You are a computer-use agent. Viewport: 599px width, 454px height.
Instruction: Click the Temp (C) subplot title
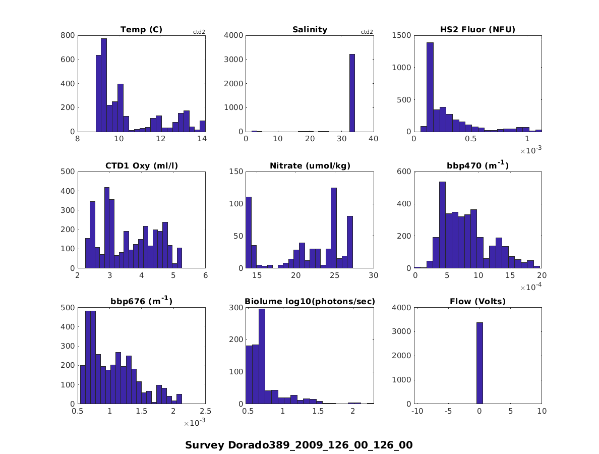[141, 30]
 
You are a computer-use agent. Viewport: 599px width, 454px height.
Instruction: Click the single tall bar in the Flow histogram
[479, 363]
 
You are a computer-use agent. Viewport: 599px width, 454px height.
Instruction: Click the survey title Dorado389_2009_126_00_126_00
[299, 445]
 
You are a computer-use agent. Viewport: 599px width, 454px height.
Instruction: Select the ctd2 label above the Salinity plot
[367, 32]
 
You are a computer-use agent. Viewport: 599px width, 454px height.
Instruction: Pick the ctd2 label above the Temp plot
[199, 32]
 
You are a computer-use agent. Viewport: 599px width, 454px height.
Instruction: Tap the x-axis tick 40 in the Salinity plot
[374, 139]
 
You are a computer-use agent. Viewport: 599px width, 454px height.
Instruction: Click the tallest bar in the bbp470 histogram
[442, 225]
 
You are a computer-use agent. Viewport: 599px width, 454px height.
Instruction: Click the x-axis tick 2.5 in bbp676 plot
[205, 412]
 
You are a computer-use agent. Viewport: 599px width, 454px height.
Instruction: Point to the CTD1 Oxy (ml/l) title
[141, 166]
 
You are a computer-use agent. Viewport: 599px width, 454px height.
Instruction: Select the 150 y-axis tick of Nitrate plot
[237, 172]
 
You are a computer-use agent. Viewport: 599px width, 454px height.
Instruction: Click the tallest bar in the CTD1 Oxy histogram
[107, 228]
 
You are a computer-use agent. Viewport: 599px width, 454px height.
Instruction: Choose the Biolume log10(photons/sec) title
[310, 302]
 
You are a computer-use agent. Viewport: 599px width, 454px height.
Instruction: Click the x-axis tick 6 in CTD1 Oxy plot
[205, 275]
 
